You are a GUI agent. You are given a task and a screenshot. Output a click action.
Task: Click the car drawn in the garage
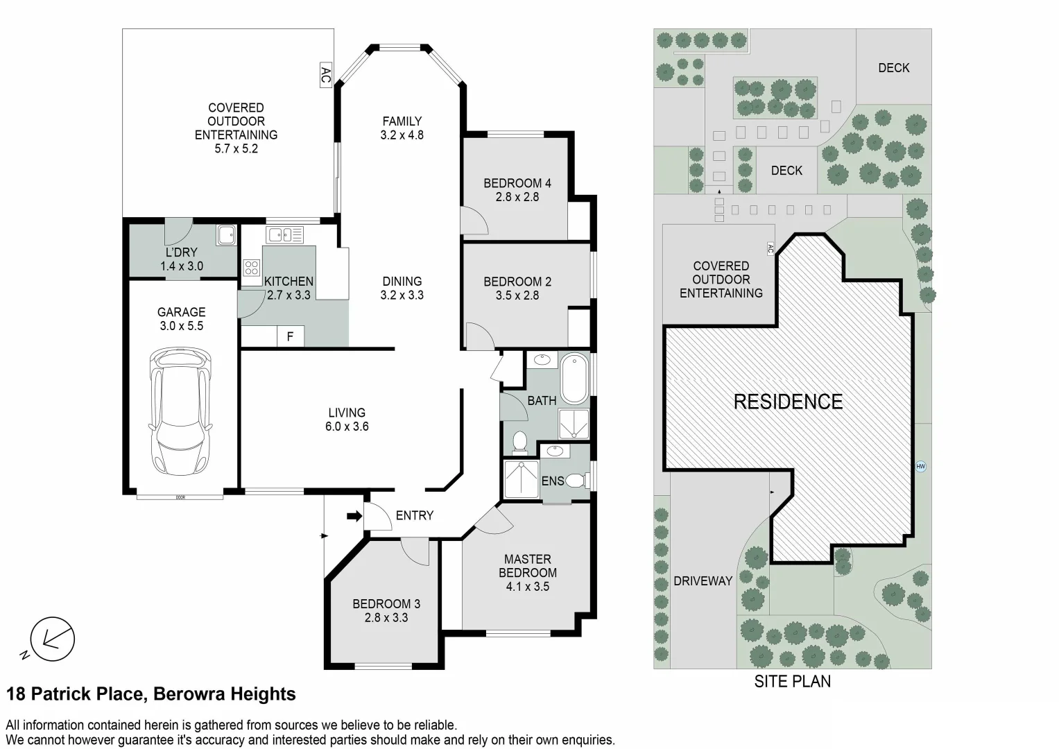(180, 411)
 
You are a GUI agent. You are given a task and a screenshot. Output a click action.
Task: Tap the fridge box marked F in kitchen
(290, 336)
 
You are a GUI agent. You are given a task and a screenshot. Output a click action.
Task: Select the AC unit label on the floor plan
(326, 75)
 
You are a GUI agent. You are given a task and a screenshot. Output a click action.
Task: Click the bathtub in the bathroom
(574, 379)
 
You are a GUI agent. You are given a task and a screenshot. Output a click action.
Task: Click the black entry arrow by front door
(354, 516)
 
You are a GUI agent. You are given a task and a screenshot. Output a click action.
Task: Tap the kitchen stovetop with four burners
(252, 268)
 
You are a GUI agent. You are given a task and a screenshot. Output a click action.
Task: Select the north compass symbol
(49, 639)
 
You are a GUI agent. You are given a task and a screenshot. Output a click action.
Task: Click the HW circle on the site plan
(920, 466)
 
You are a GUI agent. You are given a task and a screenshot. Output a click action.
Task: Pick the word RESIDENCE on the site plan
(788, 402)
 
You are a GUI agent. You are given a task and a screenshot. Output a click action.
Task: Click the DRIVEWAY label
(703, 581)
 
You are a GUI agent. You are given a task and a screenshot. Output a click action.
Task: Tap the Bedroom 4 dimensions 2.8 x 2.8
(517, 197)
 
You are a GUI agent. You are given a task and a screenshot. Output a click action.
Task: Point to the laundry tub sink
(227, 234)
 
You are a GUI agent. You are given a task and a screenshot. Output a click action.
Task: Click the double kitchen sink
(284, 234)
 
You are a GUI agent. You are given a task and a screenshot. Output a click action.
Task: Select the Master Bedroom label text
(528, 566)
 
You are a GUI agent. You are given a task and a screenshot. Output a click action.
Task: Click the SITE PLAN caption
(793, 681)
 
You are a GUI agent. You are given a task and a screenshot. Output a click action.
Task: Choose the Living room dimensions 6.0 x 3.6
(347, 427)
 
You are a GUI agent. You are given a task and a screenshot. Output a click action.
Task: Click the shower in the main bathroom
(574, 424)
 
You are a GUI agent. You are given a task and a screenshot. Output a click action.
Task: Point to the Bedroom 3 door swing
(416, 552)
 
